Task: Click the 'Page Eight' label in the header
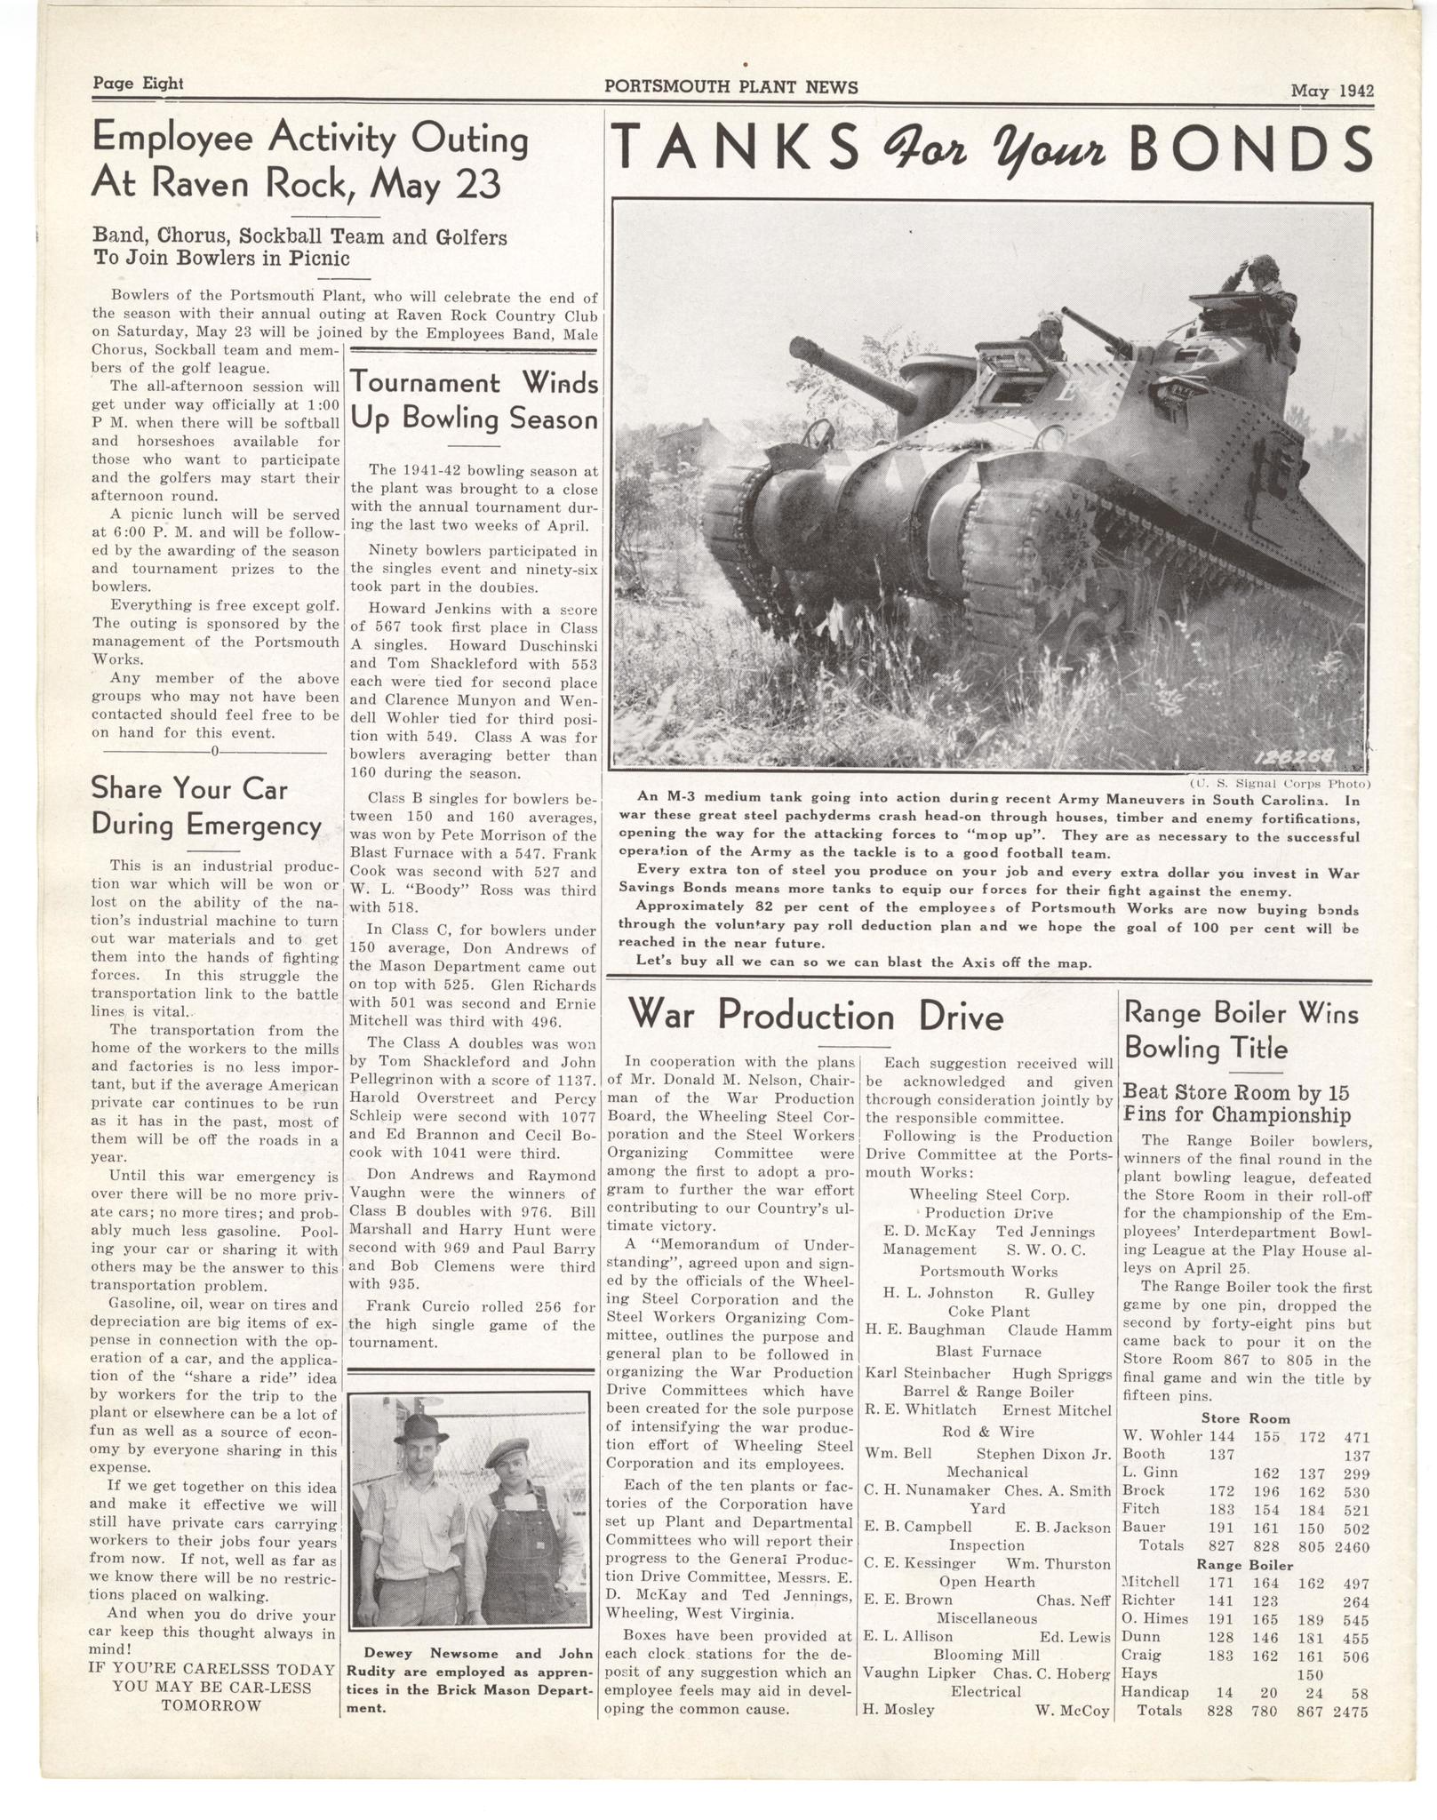coord(138,84)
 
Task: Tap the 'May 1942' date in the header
coord(1332,90)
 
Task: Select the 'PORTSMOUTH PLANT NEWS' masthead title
coord(730,87)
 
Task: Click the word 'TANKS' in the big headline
coord(736,148)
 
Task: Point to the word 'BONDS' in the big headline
coord(1250,148)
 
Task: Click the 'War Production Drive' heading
coord(816,1016)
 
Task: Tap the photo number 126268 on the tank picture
coord(1297,757)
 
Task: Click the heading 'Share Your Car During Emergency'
coord(206,806)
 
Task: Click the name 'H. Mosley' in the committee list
coord(898,1710)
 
